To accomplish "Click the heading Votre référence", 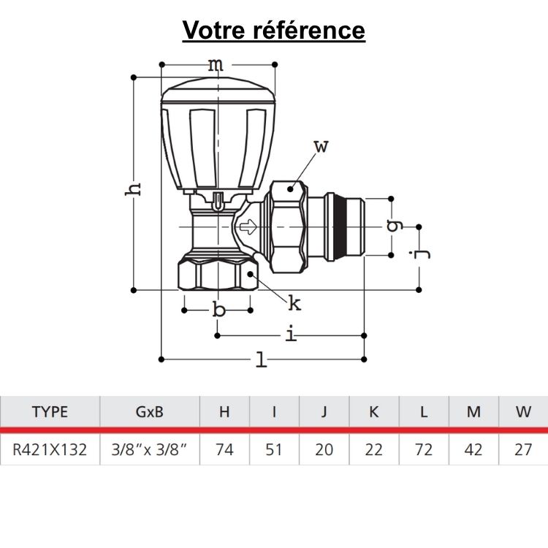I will coord(274,31).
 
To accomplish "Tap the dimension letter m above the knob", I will coord(216,65).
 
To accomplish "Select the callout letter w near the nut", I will coord(321,146).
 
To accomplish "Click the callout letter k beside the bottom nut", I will coord(294,302).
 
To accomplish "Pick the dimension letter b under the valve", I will coord(218,311).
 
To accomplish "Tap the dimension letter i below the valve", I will coord(291,335).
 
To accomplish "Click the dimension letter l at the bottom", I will coord(261,359).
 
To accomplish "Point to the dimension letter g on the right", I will coord(395,226).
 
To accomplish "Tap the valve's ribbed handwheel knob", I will coord(218,132).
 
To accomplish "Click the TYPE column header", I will coord(50,411).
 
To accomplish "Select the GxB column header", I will coord(149,411).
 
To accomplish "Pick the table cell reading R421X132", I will coord(50,449).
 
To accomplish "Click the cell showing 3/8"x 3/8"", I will coord(149,449).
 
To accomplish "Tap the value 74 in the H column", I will coord(224,449).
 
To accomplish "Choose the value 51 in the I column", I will coord(274,449).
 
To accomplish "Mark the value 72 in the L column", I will coord(424,449).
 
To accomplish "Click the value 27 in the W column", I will coord(523,449).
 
